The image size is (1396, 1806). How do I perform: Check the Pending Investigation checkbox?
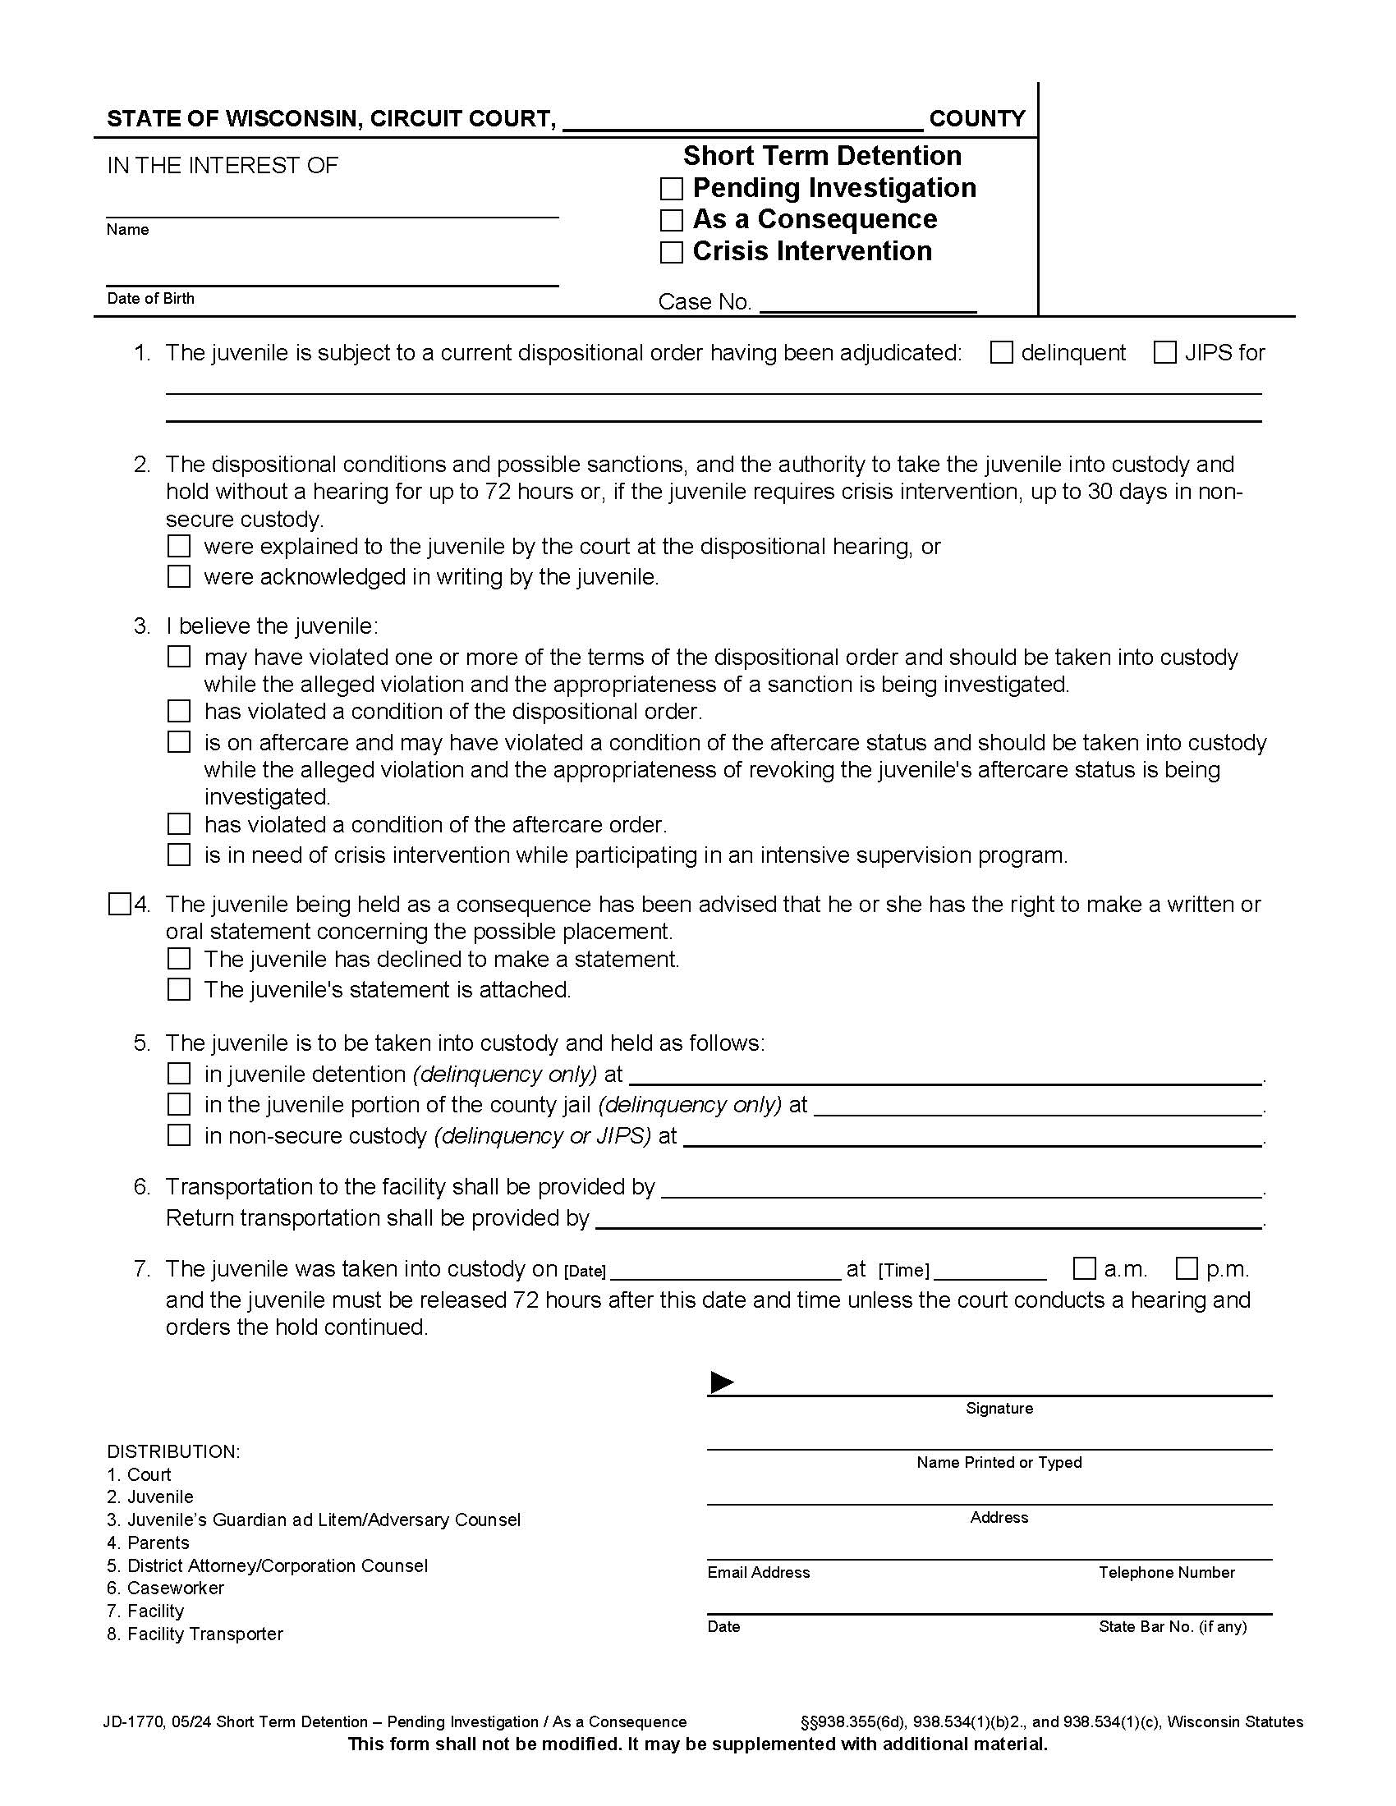(671, 190)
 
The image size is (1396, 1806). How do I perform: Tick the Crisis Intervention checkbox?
(671, 252)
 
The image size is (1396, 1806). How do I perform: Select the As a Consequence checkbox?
(671, 220)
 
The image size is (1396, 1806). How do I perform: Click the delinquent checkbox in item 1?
(1001, 353)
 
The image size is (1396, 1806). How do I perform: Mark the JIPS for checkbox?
(1164, 353)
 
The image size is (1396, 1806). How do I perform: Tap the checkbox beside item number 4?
(119, 904)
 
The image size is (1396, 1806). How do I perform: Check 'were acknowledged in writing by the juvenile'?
(179, 576)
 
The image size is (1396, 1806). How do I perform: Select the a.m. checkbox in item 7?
(1083, 1268)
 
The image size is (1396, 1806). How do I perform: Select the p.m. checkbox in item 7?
(1186, 1268)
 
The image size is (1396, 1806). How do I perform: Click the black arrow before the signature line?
(721, 1382)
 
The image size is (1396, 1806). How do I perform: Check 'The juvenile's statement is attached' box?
(179, 989)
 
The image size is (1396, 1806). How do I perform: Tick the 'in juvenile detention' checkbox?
(179, 1074)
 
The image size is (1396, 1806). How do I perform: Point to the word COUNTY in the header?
(976, 118)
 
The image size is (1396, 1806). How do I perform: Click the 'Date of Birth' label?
(150, 299)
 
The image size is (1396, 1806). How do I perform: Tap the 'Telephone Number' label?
(1166, 1572)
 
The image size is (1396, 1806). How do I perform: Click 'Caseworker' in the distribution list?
(176, 1588)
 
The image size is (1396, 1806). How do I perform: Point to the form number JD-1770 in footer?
(131, 1721)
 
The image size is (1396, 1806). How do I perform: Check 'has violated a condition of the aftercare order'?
(179, 823)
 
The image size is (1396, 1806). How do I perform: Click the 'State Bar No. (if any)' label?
(1172, 1626)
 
